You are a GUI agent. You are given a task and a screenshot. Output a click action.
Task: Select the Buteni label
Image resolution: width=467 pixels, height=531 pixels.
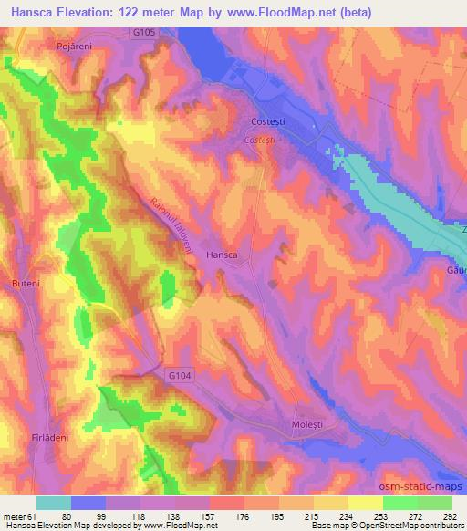(25, 284)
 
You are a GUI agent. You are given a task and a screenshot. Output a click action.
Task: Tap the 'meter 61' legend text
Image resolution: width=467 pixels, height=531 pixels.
(20, 515)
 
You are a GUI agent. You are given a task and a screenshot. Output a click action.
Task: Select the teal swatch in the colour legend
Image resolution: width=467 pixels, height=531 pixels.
(54, 503)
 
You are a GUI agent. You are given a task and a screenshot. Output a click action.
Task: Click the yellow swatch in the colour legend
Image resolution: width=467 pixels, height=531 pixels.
(365, 503)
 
